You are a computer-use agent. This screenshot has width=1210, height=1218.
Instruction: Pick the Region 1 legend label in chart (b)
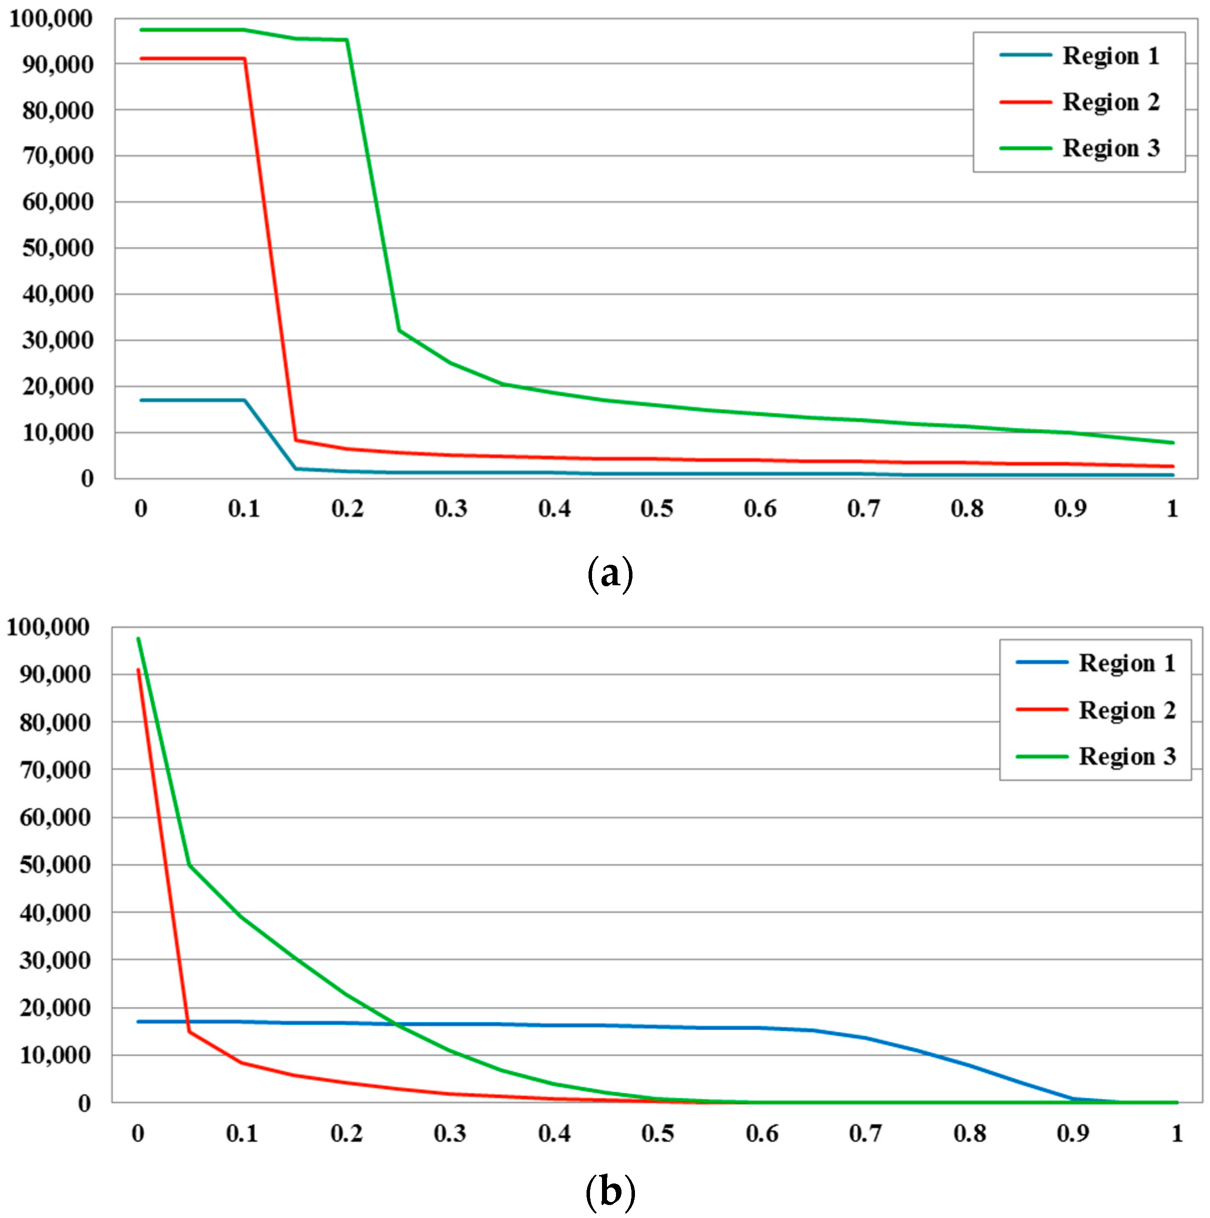pyautogui.click(x=1126, y=663)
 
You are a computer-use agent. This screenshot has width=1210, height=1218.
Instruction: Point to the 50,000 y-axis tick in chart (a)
pyautogui.click(x=58, y=248)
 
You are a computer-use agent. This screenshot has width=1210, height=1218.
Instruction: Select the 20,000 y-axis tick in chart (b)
pyautogui.click(x=55, y=1008)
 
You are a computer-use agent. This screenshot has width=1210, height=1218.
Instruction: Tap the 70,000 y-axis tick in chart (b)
pyautogui.click(x=55, y=770)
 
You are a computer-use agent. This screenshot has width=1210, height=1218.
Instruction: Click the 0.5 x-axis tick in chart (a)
pyautogui.click(x=656, y=508)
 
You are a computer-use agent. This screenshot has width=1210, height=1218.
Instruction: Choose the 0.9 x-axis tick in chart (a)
pyautogui.click(x=1070, y=508)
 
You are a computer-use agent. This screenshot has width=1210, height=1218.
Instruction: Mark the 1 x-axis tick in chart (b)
pyautogui.click(x=1177, y=1134)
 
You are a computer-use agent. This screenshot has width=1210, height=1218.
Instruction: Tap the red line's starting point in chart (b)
pyautogui.click(x=138, y=670)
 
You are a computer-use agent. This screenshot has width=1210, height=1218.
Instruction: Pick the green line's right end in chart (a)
pyautogui.click(x=1173, y=442)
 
